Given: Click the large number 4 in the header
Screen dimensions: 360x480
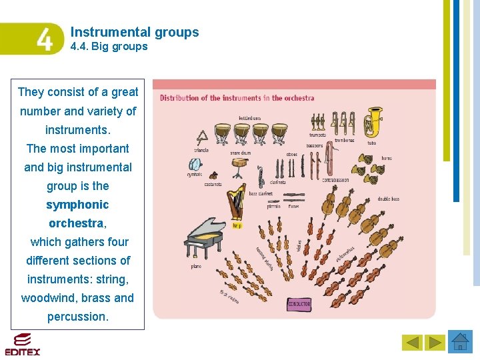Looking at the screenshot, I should tap(43, 40).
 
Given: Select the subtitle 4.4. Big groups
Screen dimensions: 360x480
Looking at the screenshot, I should tap(109, 47).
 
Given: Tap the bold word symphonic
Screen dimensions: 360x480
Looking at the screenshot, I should tap(77, 205).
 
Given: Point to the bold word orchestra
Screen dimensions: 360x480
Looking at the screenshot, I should tap(76, 223).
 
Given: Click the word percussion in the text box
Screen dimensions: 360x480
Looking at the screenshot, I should tap(77, 317).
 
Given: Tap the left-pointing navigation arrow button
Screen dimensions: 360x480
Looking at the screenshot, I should tap(413, 343).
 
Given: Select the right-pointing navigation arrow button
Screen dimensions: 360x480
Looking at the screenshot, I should tap(435, 343).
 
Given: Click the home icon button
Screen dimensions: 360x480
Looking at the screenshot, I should tap(460, 342).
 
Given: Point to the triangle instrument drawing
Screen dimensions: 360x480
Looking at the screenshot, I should tap(201, 138).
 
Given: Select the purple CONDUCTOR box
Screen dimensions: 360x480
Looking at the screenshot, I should tap(299, 304).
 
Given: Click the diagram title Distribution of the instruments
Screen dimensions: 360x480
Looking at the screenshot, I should tap(237, 98).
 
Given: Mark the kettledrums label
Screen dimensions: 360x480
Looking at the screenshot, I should tap(249, 119).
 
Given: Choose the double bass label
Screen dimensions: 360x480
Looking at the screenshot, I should tap(389, 199).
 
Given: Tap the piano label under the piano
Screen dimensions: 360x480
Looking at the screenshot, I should tap(196, 266).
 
